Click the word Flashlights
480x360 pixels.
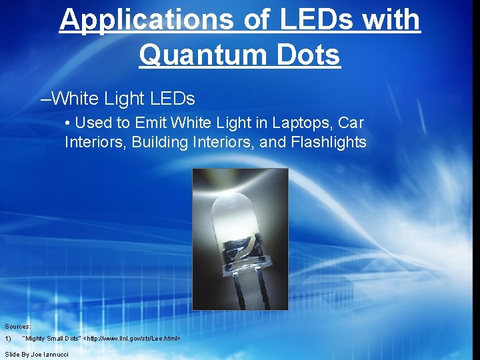point(329,141)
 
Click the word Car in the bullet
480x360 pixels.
point(351,123)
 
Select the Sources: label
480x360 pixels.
point(18,327)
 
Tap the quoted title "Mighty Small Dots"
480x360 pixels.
point(51,339)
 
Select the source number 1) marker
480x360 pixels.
point(8,339)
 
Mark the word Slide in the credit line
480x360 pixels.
point(12,354)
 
